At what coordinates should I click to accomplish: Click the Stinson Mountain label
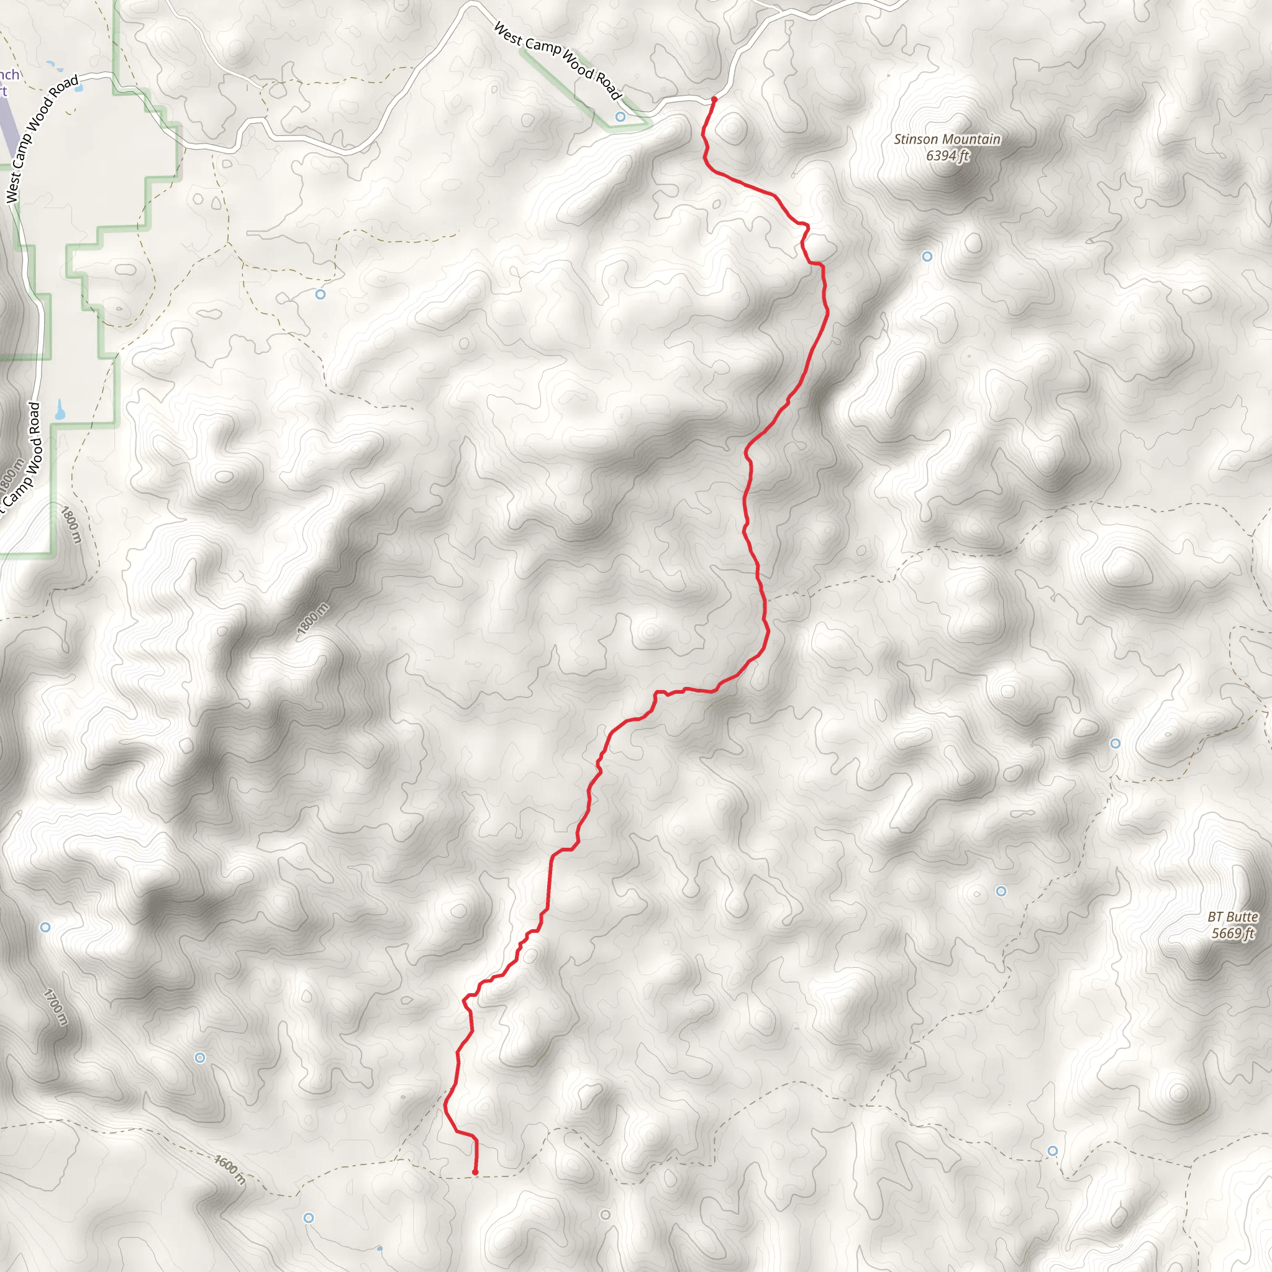[947, 140]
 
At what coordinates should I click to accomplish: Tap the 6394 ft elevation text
[947, 156]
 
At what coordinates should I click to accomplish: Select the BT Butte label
[1232, 917]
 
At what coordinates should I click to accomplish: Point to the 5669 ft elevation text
[1232, 934]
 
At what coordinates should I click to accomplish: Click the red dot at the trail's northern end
[714, 99]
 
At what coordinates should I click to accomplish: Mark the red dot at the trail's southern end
[475, 1172]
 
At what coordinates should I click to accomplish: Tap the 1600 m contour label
[230, 1170]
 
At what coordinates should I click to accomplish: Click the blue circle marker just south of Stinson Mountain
[927, 256]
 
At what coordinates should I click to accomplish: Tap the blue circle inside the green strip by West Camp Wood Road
[620, 117]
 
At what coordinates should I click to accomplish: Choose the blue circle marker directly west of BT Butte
[1001, 891]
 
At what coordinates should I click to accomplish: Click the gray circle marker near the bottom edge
[605, 1215]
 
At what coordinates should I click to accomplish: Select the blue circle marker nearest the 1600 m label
[308, 1218]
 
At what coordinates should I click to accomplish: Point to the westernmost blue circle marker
[45, 927]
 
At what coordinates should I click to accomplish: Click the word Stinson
[914, 140]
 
